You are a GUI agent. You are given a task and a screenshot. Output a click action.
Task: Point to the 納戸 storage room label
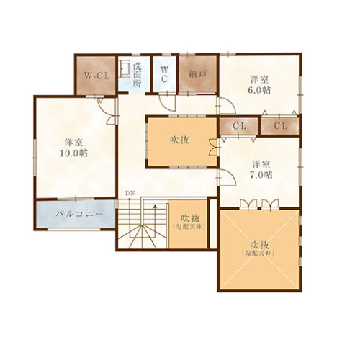197,73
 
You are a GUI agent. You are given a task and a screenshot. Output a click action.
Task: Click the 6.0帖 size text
259,90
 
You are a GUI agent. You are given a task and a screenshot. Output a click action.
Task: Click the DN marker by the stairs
130,194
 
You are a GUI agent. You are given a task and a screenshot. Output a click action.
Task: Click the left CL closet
239,126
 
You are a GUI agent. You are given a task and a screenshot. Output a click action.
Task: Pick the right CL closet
280,126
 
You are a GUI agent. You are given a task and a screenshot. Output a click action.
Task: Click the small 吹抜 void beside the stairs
190,222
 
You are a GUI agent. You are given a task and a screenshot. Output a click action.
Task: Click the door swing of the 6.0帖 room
225,106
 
